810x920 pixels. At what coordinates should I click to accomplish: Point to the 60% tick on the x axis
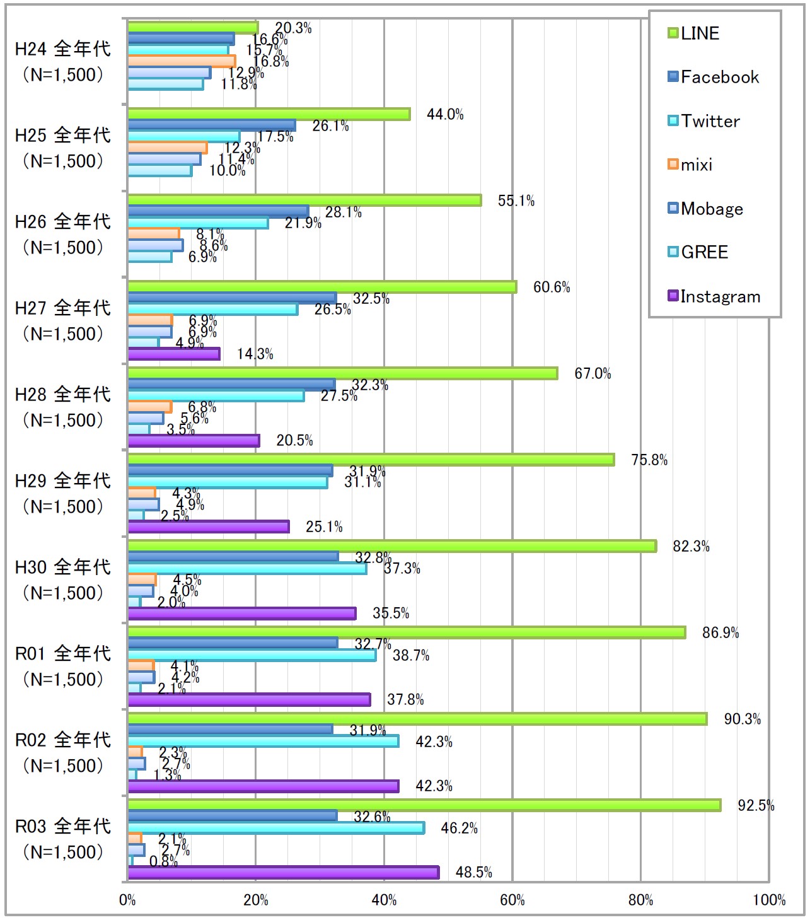(x=512, y=900)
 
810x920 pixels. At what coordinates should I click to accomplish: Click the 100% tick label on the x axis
(x=769, y=900)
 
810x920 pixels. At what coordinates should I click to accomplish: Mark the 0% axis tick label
(x=127, y=900)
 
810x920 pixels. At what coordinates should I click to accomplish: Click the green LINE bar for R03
(x=424, y=805)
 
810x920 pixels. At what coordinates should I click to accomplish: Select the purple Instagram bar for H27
(x=174, y=354)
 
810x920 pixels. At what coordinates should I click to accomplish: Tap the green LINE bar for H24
(x=193, y=28)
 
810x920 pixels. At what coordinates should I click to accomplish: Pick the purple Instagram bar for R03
(x=283, y=872)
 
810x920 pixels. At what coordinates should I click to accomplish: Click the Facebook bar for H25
(x=212, y=125)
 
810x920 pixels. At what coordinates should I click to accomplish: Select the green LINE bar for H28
(x=343, y=373)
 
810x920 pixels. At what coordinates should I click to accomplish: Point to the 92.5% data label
(x=756, y=805)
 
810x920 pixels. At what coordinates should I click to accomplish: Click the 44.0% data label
(x=445, y=114)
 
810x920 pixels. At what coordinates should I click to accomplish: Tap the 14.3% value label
(x=255, y=354)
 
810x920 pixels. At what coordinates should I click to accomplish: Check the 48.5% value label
(x=473, y=872)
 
